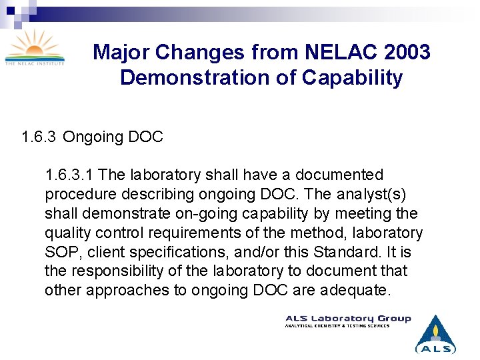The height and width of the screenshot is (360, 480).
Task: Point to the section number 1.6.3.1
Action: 69,175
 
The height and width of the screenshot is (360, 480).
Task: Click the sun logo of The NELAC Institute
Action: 35,47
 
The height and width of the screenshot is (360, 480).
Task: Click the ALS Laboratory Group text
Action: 348,319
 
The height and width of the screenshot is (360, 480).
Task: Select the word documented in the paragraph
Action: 339,175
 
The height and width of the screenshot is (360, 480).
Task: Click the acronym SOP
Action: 61,253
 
